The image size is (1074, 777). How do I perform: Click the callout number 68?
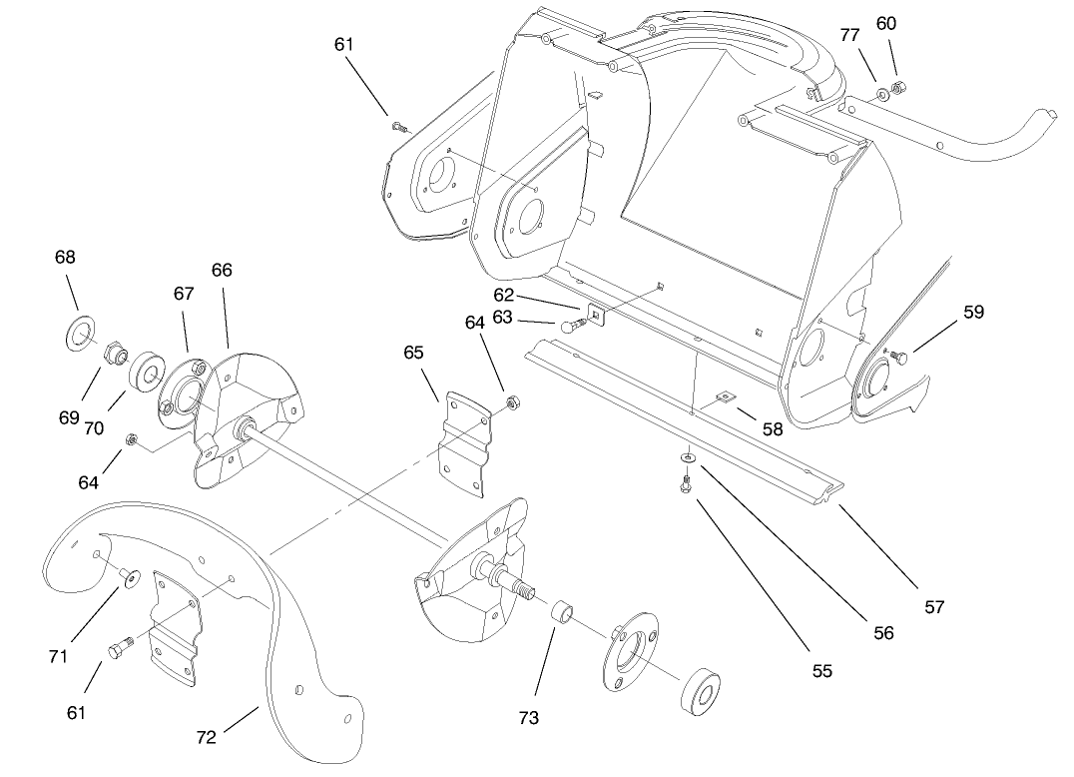coord(65,257)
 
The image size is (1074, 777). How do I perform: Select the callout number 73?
coord(529,718)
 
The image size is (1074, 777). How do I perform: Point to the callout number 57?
coord(934,606)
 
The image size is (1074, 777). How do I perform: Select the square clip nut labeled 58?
coord(726,397)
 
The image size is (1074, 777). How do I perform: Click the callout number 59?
coord(973,312)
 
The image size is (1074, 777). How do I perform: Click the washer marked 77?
coord(880,95)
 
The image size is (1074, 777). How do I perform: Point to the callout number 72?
coord(206,738)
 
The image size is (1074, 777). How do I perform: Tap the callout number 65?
coord(414,352)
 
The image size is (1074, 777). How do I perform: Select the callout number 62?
coord(503,295)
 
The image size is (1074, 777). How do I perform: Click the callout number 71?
coord(58,656)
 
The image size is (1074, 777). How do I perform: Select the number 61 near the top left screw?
coord(344,44)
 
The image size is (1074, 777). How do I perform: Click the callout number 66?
coord(222,271)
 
